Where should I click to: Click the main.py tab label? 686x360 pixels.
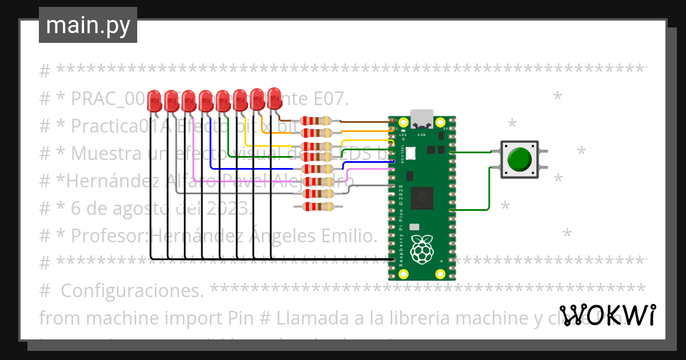88,25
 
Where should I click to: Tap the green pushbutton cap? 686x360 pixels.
519,159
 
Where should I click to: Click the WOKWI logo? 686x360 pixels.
607,315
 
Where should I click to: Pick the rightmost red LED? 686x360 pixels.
275,98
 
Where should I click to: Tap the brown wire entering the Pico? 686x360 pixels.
366,121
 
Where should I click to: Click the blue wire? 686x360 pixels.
211,149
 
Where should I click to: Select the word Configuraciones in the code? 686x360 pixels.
131,290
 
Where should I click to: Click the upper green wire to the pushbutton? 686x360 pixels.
472,152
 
